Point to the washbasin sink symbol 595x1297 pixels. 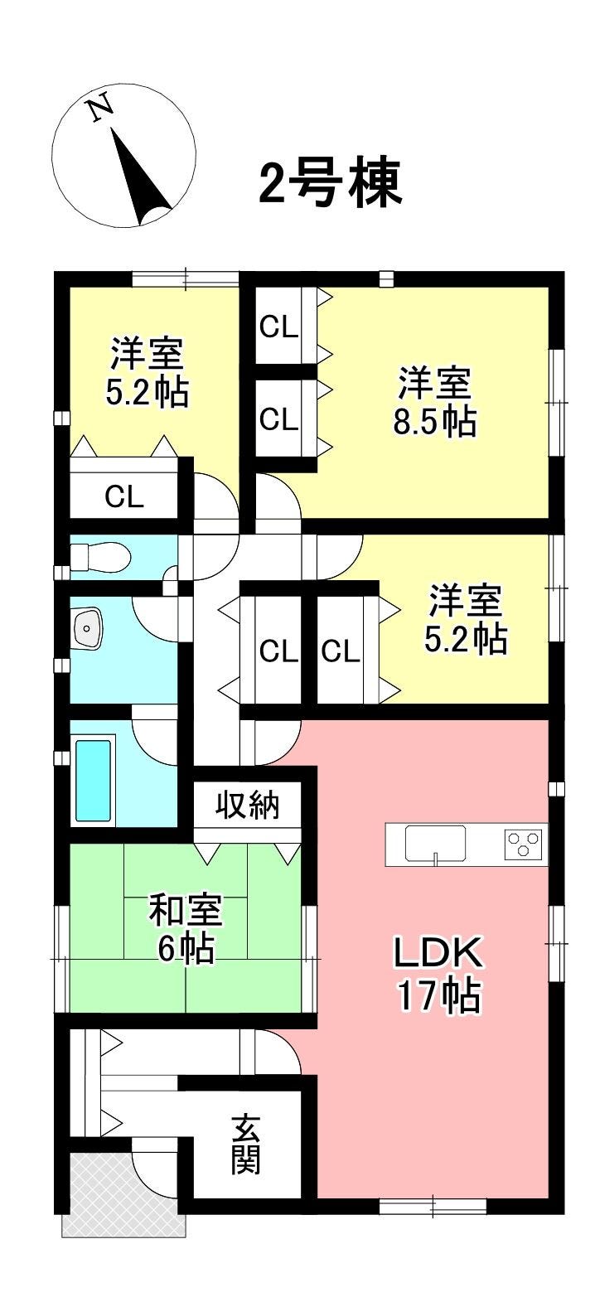pos(89,627)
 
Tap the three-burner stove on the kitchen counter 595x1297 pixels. pos(525,843)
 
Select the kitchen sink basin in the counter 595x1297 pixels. pos(435,844)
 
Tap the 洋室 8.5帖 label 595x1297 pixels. pos(435,402)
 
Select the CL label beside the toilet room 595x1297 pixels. pos(124,496)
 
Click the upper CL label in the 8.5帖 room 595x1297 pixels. pos(278,329)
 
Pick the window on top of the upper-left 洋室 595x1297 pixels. pos(186,278)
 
